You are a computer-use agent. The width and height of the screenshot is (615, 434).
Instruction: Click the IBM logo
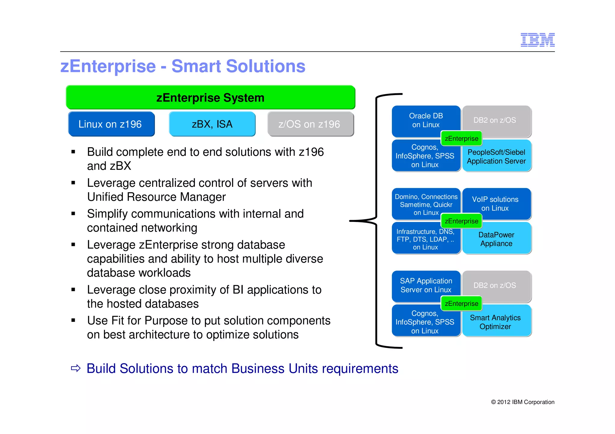(537, 40)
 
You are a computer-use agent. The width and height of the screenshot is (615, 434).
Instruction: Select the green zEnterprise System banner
(210, 97)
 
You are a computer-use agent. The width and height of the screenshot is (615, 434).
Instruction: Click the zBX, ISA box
(212, 124)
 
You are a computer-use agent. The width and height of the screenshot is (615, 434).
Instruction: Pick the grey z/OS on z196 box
(310, 124)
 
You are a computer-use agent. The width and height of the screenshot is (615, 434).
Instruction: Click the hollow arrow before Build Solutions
(76, 368)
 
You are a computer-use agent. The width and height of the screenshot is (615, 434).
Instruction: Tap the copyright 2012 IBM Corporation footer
(523, 402)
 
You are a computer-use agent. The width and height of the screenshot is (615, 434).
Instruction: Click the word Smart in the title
(196, 66)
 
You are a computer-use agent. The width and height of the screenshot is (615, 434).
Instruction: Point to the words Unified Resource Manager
(156, 197)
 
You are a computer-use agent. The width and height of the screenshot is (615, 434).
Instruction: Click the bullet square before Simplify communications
(73, 214)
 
